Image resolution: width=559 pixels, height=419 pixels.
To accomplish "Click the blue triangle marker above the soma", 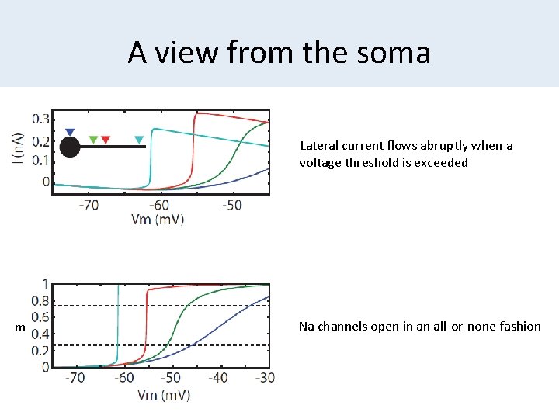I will [70, 133].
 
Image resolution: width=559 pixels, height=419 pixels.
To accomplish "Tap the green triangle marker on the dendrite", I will [93, 140].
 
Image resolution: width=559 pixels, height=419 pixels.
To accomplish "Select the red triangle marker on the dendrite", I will [106, 140].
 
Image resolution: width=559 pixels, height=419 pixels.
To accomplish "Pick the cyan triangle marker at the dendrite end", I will [140, 140].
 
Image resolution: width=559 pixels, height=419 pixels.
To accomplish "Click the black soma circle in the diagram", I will [70, 147].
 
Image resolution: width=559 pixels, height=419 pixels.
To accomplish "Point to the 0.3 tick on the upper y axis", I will [40, 119].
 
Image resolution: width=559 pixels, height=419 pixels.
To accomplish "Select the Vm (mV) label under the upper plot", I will [158, 220].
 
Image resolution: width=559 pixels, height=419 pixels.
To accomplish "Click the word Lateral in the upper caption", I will [318, 146].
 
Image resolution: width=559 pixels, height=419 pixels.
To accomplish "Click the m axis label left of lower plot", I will [21, 329].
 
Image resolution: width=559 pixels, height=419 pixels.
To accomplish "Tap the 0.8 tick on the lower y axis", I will [39, 301].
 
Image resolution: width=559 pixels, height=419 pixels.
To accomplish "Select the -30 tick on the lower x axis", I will [266, 378].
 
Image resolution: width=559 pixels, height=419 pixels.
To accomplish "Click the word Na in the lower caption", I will [307, 327].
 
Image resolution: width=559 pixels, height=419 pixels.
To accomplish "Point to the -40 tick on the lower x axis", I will [220, 378].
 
